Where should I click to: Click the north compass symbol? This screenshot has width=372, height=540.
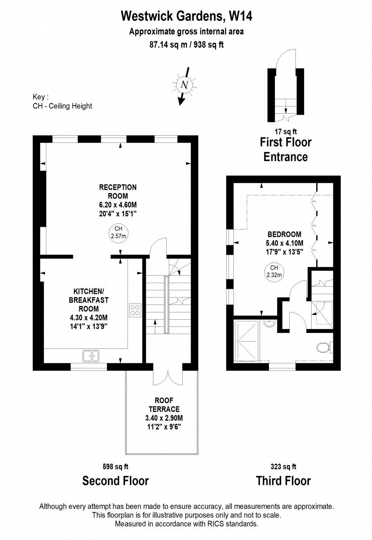point(184,85)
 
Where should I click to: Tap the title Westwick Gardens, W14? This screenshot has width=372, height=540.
point(186,16)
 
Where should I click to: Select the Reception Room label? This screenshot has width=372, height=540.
point(118,192)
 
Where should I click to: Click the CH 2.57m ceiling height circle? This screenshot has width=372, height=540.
point(118,232)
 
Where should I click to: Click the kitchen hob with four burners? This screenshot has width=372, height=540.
point(135,310)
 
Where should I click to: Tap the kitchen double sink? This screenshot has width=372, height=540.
point(91,356)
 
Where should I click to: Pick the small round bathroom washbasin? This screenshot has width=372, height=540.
point(269,324)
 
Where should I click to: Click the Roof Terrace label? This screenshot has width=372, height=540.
point(164,405)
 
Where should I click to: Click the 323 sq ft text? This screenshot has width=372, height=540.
point(283,467)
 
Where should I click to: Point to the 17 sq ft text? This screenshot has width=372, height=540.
point(285,132)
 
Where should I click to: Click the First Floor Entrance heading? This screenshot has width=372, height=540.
point(285,149)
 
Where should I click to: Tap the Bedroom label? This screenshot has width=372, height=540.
point(284,234)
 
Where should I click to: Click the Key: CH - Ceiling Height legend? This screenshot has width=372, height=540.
point(62,102)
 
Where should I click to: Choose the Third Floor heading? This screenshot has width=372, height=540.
point(283,481)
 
